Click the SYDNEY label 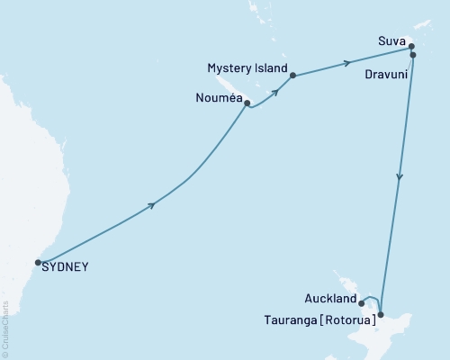[66, 266]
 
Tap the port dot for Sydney [38, 263]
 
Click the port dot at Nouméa [247, 103]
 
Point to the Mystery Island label [247, 68]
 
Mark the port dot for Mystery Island [293, 76]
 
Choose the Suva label [390, 41]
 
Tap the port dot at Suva [410, 46]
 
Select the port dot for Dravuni [413, 55]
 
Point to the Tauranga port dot [381, 314]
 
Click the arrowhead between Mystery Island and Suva [346, 63]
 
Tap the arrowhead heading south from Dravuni [399, 176]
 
